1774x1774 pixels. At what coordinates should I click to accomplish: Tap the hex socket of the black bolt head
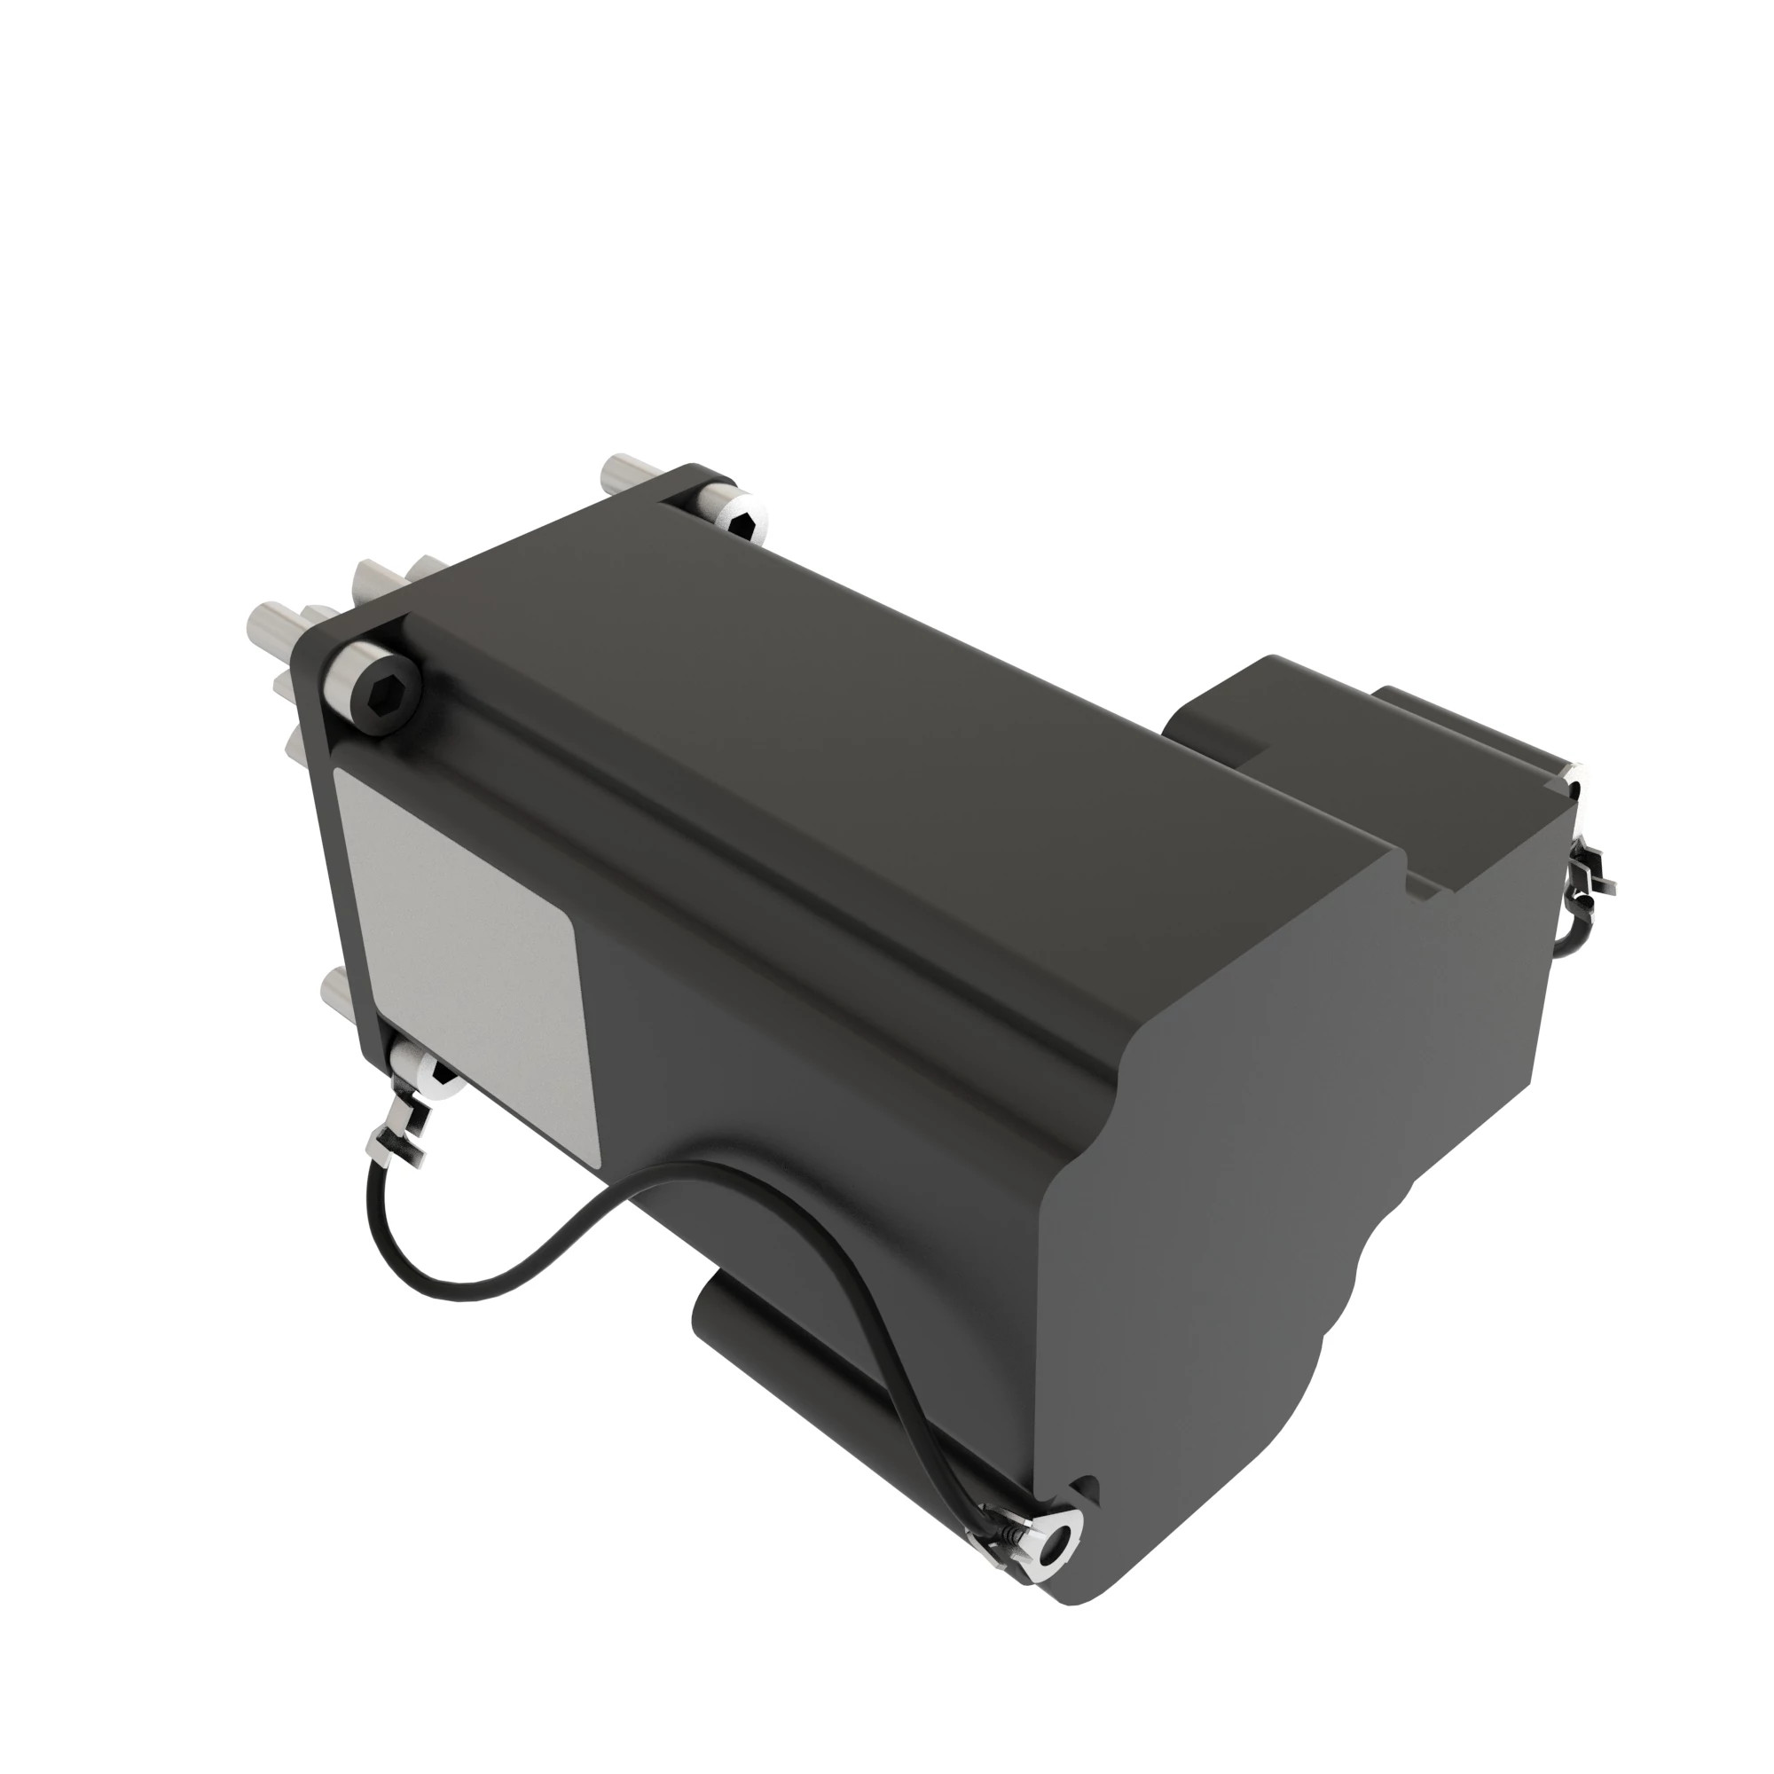[x=385, y=684]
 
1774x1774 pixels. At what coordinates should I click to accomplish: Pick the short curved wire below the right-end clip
[x=1572, y=928]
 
